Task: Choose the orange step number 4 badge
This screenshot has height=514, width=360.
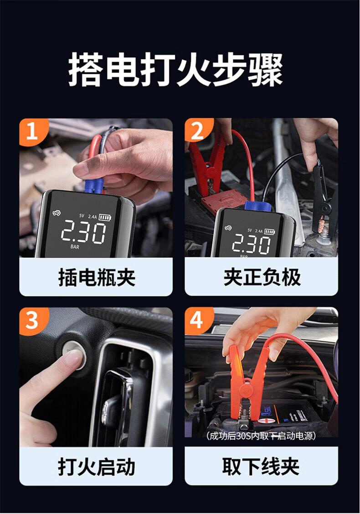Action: click(x=198, y=320)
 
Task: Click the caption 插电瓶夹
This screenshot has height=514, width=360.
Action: click(x=97, y=277)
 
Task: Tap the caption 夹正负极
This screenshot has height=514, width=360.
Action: click(x=262, y=277)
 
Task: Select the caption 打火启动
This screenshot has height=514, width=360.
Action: click(x=96, y=467)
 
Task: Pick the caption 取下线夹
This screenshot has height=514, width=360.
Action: click(x=261, y=467)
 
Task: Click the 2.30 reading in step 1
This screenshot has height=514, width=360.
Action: click(x=83, y=232)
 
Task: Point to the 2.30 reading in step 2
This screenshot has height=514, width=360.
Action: click(x=251, y=244)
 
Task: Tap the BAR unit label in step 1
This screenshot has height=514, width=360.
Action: click(x=75, y=247)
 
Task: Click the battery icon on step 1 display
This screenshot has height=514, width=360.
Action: click(x=105, y=218)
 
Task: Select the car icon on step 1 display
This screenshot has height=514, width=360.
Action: click(x=57, y=213)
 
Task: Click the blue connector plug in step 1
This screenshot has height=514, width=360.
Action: click(x=94, y=186)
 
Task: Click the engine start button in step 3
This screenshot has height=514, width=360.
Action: click(x=74, y=356)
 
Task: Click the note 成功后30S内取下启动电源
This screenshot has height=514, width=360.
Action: click(x=261, y=436)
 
